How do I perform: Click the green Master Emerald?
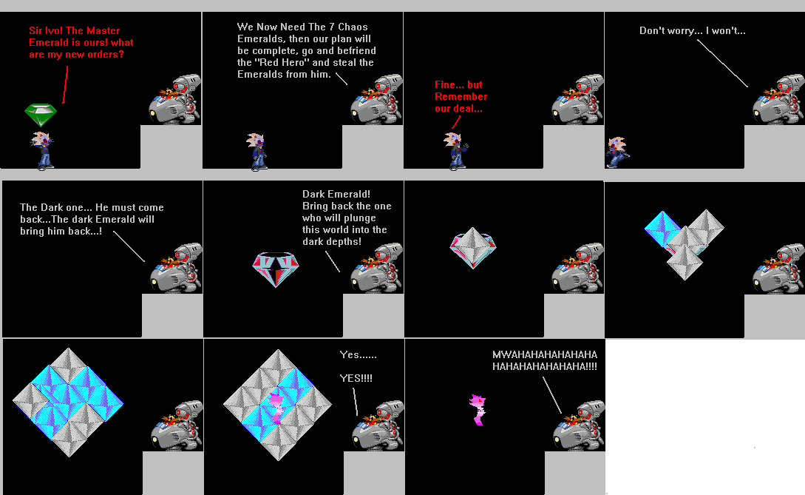(x=41, y=115)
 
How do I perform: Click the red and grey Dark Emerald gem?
(x=275, y=269)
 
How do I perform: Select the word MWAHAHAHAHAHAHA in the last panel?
(x=545, y=354)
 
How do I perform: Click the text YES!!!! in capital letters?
(x=356, y=378)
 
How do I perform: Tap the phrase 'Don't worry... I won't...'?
(x=692, y=31)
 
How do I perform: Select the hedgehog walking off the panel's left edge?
(x=616, y=152)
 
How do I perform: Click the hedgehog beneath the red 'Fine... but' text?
(x=456, y=151)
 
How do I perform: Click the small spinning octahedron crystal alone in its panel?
(x=473, y=247)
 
